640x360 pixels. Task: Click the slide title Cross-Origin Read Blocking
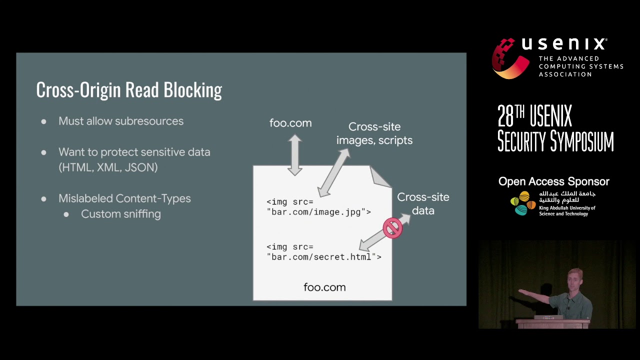point(129,90)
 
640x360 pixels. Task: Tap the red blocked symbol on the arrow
point(392,228)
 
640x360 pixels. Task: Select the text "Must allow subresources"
point(121,121)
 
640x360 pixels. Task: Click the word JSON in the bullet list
point(141,167)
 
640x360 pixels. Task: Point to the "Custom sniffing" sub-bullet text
point(121,214)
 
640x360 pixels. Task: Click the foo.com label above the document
point(290,123)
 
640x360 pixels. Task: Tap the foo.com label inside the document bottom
point(324,287)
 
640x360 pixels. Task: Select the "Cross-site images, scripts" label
point(374,133)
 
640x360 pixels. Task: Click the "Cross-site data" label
point(423,204)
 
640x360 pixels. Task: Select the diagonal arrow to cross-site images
point(334,172)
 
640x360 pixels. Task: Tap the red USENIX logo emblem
point(509,58)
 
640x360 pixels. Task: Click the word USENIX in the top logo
point(564,44)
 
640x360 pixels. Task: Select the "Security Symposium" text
point(555,141)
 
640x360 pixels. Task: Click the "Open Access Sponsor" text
point(553,181)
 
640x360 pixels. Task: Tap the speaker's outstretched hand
point(521,291)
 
